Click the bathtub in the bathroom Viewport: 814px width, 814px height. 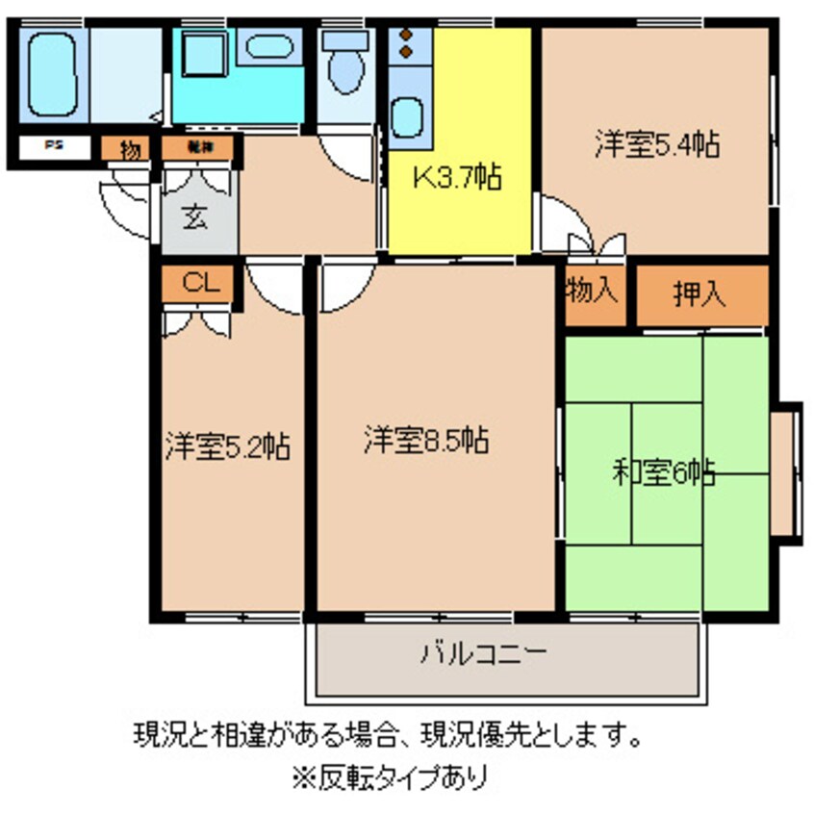coord(52,75)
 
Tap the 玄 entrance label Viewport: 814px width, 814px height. coord(195,217)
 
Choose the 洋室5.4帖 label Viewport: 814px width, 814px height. coord(656,145)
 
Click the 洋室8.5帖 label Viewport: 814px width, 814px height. coord(426,441)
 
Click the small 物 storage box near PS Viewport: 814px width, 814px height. coord(128,149)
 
